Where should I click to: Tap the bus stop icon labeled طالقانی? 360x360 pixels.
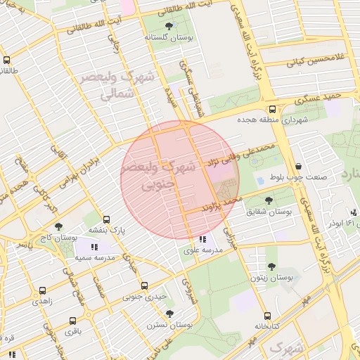coord(7,60)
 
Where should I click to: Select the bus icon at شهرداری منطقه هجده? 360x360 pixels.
coord(272,109)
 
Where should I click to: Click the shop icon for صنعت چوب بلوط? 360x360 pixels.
coord(298,167)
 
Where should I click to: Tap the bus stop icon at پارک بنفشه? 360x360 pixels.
coord(106,219)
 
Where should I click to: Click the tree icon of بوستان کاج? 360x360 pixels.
coord(58,227)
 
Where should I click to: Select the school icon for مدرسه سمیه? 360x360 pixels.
coord(94,247)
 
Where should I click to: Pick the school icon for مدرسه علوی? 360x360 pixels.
coord(202,240)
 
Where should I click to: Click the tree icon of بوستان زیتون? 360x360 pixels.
coord(271,266)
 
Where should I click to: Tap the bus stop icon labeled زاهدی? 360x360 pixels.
coord(43,290)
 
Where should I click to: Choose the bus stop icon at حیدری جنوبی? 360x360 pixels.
coord(144,285)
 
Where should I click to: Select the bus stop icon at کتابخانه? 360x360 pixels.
coord(266,316)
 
